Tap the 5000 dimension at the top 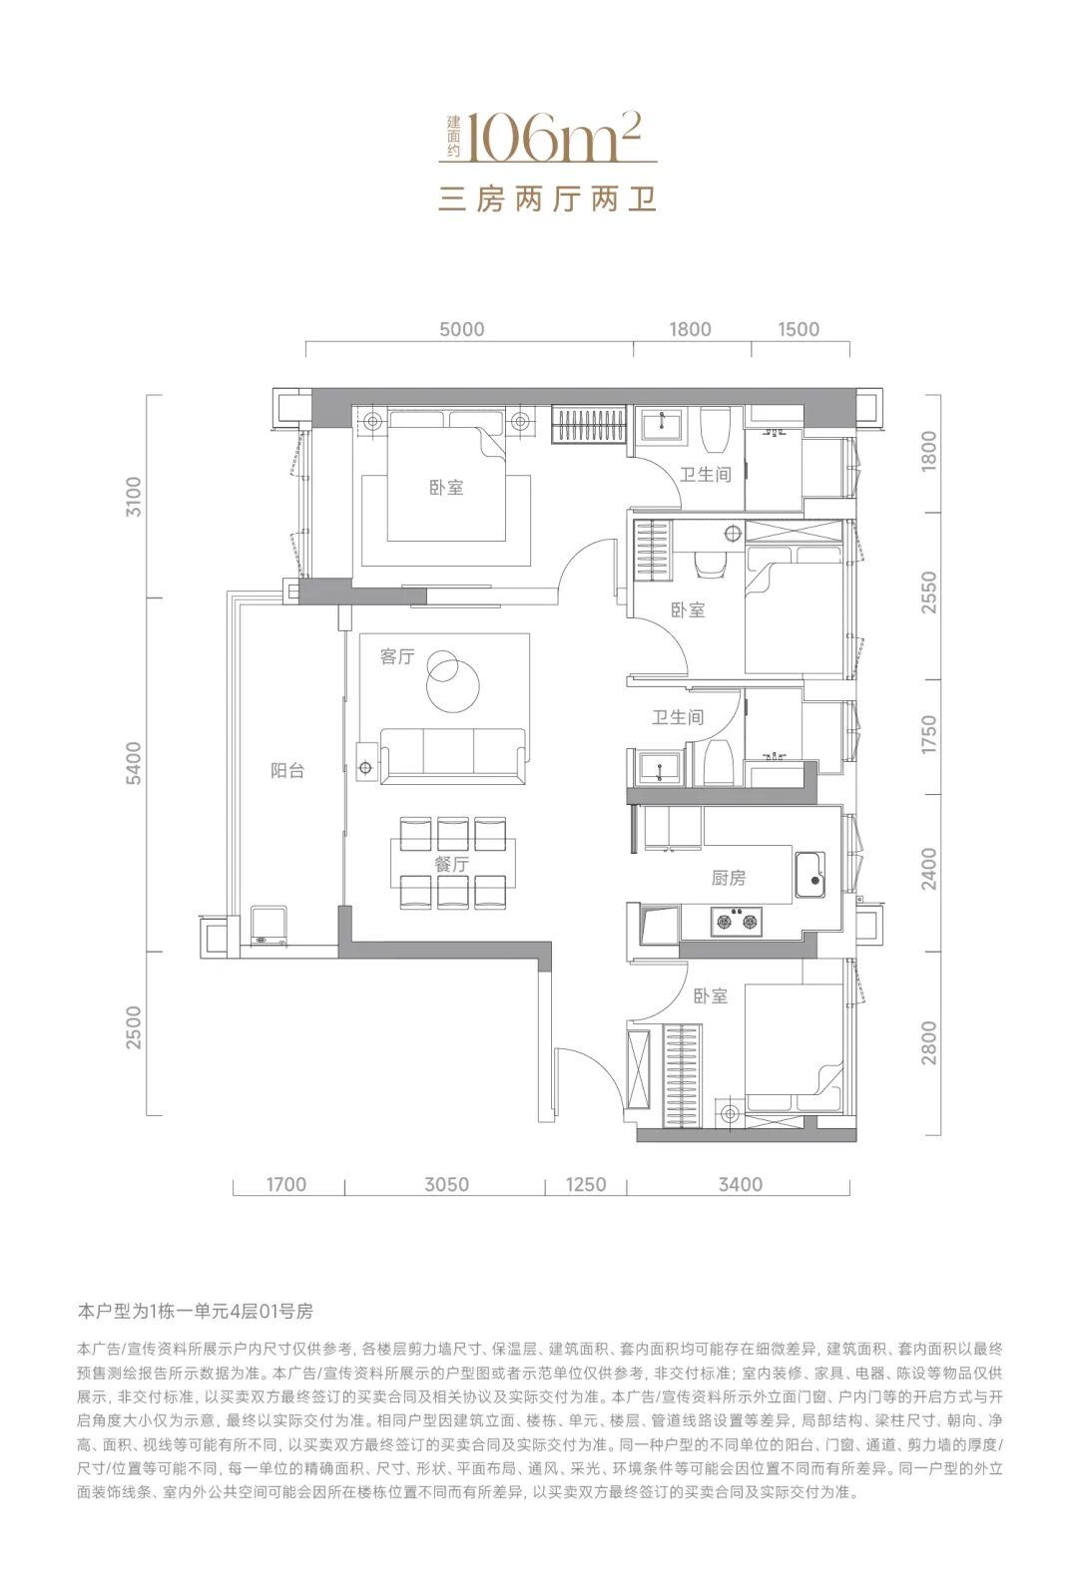click(462, 329)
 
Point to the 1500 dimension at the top click(799, 329)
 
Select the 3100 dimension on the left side click(134, 497)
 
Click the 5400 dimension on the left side click(134, 763)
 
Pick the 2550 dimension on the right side click(929, 592)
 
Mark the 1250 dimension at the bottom click(586, 1184)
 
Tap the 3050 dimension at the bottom click(447, 1184)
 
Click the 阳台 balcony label click(287, 770)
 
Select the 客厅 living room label click(396, 656)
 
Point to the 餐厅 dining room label click(452, 864)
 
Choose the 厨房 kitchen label click(729, 878)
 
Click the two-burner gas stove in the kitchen click(737, 921)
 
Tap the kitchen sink click(810, 875)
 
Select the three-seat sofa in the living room click(453, 755)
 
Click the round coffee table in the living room click(452, 683)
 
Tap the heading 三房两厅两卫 click(548, 199)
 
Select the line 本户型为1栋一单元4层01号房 click(195, 1312)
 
